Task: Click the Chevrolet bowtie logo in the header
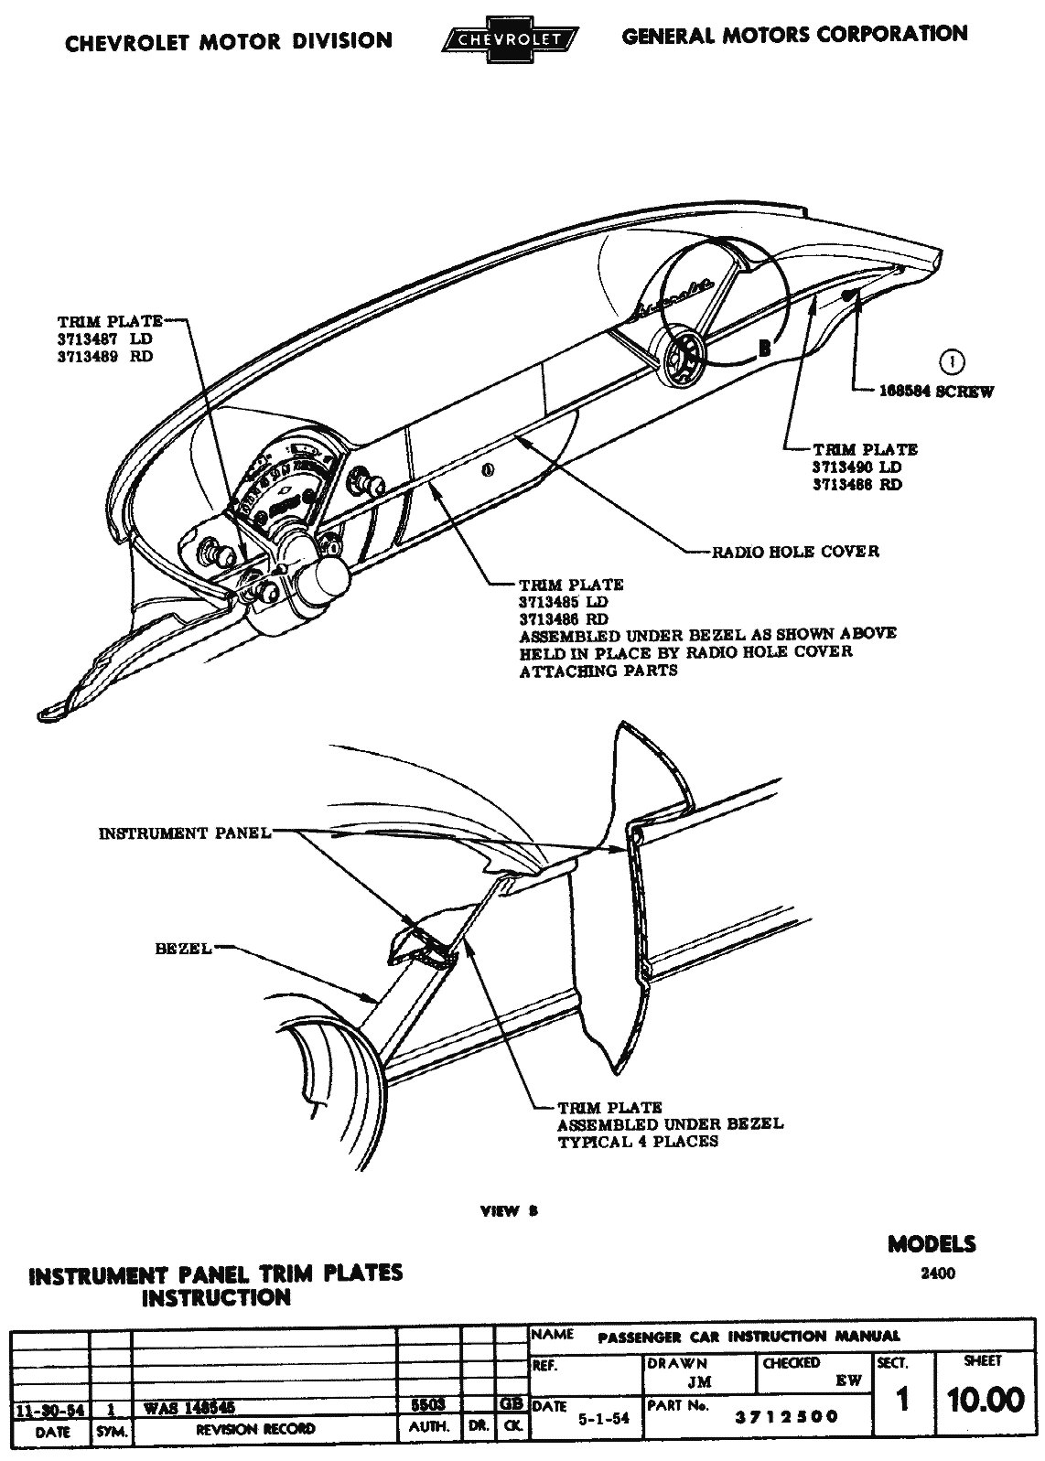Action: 509,39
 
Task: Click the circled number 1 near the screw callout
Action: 953,362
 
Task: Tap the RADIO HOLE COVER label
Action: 795,552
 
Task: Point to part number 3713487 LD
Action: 105,339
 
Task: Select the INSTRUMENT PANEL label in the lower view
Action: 184,833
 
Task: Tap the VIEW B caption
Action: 510,1211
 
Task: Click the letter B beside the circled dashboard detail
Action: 764,347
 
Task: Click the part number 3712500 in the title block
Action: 787,1417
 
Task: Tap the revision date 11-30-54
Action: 50,1410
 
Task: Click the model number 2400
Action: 938,1273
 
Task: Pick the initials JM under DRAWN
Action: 699,1383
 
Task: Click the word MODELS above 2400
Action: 932,1244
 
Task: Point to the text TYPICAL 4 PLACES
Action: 638,1142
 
